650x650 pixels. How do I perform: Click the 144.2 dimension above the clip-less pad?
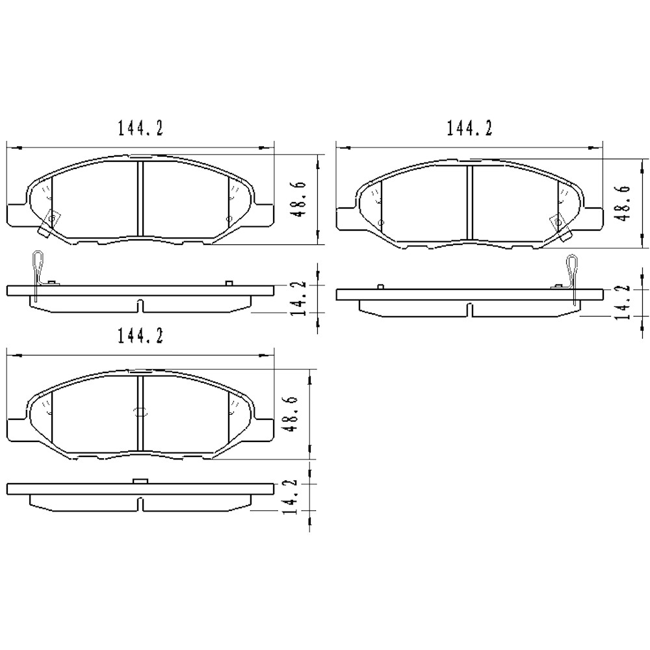[140, 337]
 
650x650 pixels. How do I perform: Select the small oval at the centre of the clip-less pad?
[140, 411]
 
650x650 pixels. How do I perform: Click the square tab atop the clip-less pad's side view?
[140, 481]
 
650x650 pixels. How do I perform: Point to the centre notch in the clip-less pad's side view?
[140, 504]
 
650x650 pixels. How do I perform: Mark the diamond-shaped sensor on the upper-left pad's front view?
[49, 221]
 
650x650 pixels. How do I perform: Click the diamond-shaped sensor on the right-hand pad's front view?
[558, 222]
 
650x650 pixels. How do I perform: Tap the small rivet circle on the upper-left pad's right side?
[227, 219]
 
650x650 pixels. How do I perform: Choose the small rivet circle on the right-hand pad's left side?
[381, 222]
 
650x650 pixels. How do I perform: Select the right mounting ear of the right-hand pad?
[593, 217]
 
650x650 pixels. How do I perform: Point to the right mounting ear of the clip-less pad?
[263, 429]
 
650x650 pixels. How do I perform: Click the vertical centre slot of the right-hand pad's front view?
[469, 203]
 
